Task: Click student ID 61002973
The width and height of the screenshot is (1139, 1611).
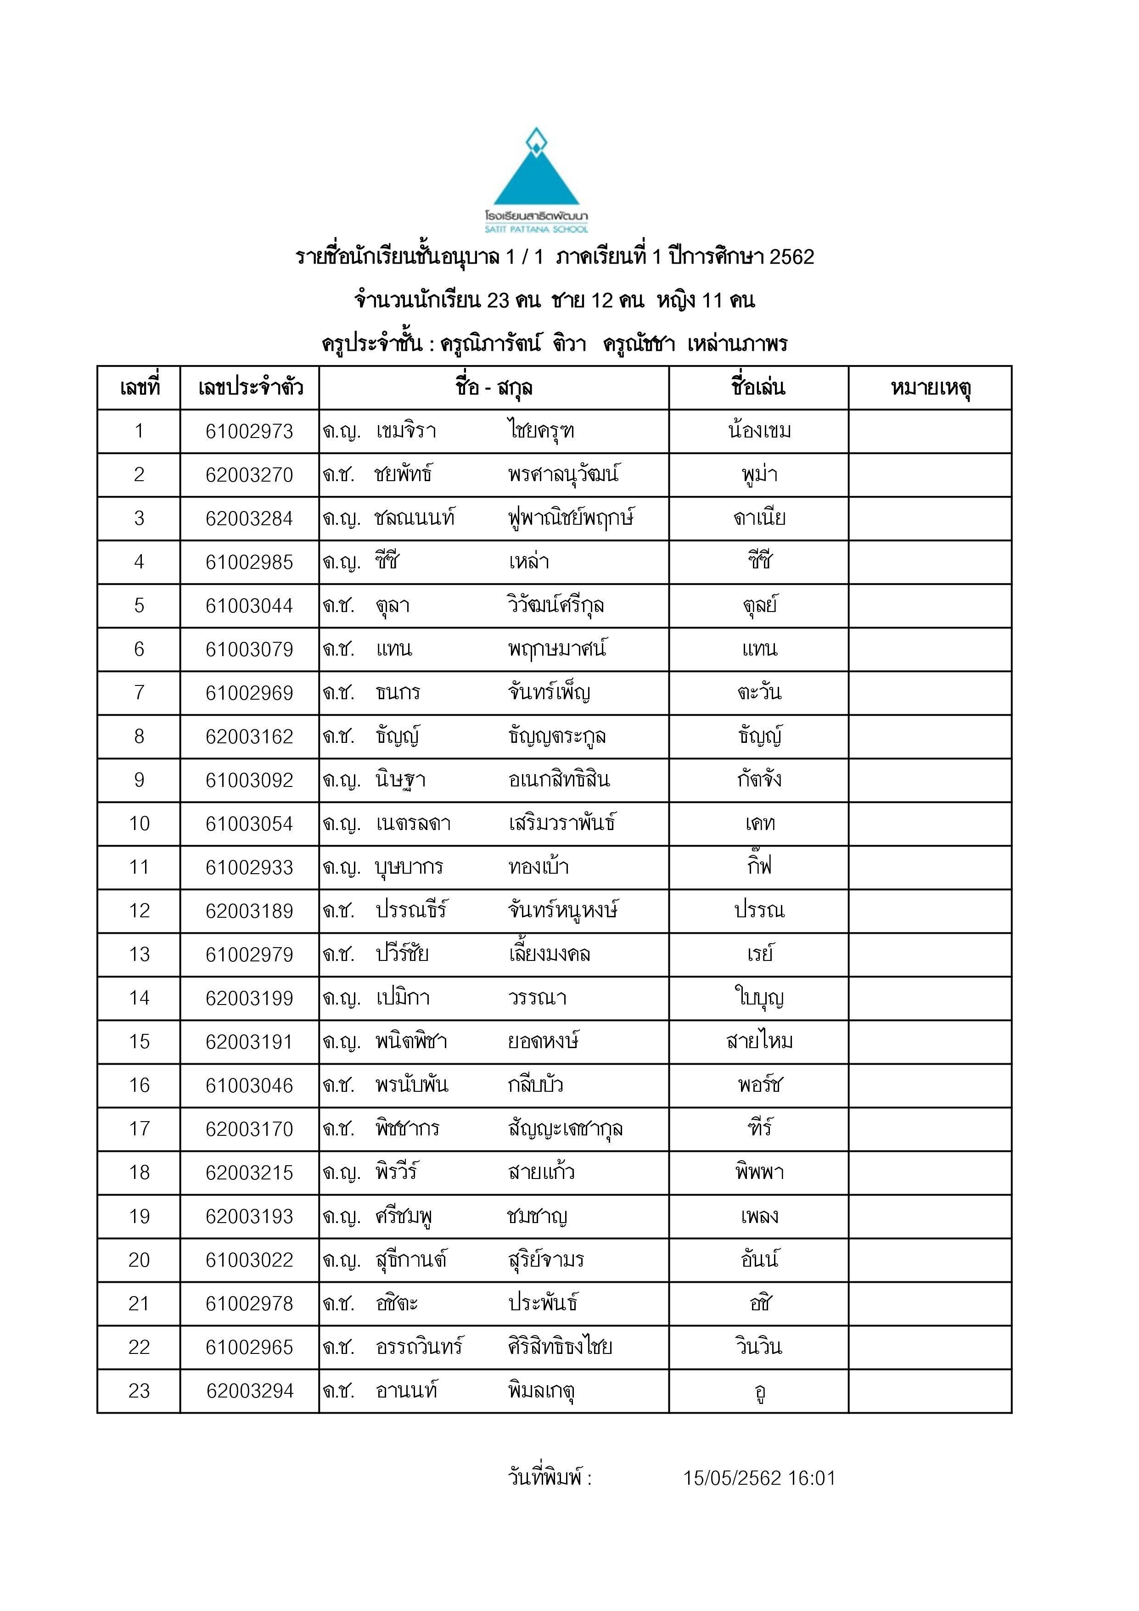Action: coord(249,432)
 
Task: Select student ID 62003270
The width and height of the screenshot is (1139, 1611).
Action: coord(249,475)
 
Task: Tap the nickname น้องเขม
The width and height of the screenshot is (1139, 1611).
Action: coord(759,431)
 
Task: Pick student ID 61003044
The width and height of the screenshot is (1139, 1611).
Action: coord(249,606)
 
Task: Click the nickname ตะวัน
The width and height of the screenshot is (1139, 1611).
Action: coord(759,692)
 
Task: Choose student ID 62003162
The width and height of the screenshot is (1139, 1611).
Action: coord(249,737)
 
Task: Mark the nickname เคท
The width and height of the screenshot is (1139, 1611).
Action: coord(759,823)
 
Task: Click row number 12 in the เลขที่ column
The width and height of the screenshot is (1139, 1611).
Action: coord(139,911)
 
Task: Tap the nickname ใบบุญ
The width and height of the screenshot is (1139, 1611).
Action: coord(759,998)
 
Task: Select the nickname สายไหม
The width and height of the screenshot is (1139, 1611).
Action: coord(759,1041)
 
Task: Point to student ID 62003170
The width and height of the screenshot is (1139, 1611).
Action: coord(249,1129)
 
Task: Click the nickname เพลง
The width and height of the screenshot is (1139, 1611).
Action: coord(759,1216)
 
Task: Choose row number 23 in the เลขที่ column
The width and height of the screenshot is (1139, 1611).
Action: coord(139,1391)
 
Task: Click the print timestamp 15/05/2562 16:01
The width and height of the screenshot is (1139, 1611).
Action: coord(759,1478)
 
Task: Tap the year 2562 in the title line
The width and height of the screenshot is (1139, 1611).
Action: coord(791,257)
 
